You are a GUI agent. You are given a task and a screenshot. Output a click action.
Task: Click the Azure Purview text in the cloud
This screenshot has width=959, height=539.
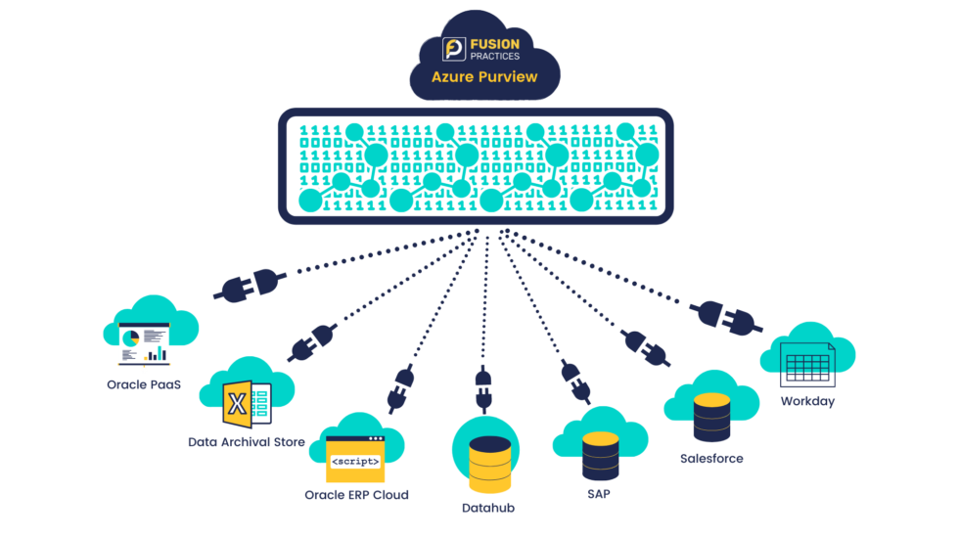[x=484, y=76]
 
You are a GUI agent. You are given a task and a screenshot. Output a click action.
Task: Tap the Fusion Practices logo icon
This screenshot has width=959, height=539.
[x=453, y=49]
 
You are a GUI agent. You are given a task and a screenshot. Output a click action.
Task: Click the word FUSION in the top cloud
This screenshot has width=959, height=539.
[x=494, y=43]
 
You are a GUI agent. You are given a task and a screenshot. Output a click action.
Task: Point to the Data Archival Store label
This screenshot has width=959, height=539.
[x=247, y=442]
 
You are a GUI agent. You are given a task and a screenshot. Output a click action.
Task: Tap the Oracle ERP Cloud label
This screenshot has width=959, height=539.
[x=356, y=494]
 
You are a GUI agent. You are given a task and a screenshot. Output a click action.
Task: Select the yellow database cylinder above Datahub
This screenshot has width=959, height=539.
[x=489, y=464]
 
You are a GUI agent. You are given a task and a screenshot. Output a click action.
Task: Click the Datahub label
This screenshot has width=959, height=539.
[x=488, y=509]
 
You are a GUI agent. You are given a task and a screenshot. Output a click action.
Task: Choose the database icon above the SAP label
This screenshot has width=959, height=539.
[x=600, y=456]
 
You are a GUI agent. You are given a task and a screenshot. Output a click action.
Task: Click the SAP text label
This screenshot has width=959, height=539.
[x=599, y=495]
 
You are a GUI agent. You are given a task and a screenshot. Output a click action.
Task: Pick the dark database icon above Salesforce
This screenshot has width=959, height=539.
[x=711, y=418]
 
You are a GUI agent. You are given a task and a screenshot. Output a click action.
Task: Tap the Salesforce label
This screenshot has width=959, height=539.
[x=711, y=458]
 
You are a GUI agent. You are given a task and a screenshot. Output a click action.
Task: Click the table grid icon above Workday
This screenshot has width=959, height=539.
[x=808, y=364]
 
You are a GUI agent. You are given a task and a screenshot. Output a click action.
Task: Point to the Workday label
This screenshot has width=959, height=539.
[x=807, y=401]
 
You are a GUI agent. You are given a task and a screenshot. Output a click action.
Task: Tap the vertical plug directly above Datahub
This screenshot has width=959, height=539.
[x=482, y=388]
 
